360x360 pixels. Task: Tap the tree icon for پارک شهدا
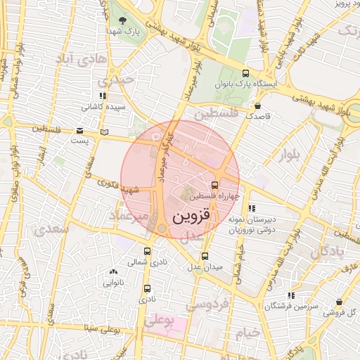click(x=123, y=20)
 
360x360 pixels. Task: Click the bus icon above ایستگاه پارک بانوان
click(x=245, y=72)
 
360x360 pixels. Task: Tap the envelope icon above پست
click(x=79, y=131)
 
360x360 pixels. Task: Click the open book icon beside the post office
click(x=105, y=131)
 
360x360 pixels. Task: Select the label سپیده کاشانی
click(x=103, y=107)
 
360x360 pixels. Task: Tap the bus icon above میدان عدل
click(x=205, y=257)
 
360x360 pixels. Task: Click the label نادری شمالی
click(x=147, y=262)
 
